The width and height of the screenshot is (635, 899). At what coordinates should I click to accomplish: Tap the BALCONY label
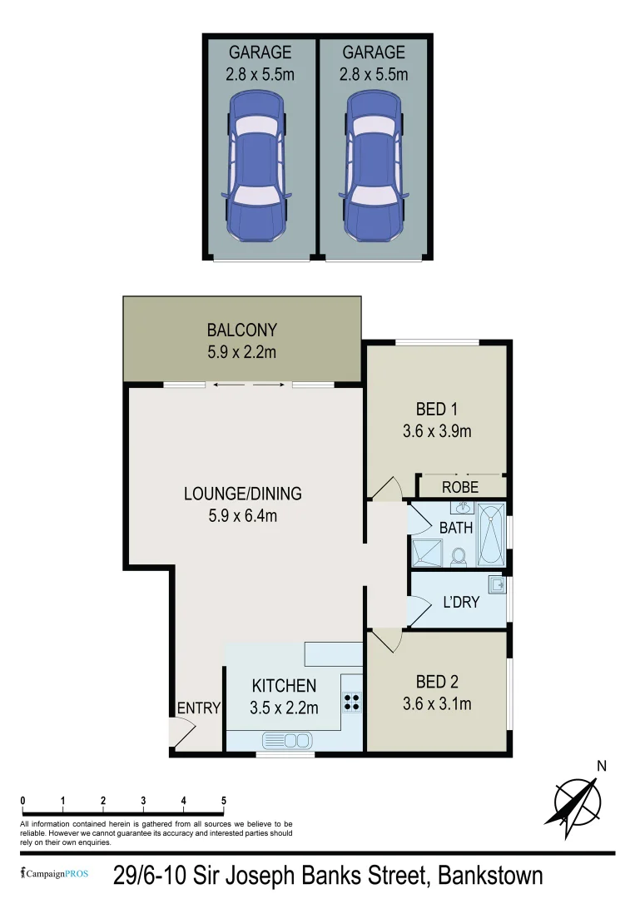[x=241, y=330]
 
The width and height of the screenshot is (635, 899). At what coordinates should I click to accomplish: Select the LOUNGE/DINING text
[x=242, y=494]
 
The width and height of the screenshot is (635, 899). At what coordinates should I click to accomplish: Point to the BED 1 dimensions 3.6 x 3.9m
[x=437, y=431]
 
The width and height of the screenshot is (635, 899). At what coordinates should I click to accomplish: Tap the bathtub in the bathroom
[x=491, y=534]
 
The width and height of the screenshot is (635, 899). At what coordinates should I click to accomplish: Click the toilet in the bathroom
[x=458, y=556]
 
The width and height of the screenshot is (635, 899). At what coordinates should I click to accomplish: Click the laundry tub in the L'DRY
[x=496, y=585]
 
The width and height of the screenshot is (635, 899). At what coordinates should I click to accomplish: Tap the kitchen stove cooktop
[x=352, y=702]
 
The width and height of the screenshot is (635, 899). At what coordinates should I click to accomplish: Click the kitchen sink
[x=286, y=739]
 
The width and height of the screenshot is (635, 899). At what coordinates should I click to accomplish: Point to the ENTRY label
[x=199, y=708]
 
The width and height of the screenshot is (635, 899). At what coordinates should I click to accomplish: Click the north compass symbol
[x=578, y=801]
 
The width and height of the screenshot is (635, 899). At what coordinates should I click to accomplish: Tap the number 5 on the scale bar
[x=224, y=801]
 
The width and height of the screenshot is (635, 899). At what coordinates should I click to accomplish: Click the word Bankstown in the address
[x=490, y=875]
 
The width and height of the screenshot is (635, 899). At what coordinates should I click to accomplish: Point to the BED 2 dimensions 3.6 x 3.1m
[x=437, y=704]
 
